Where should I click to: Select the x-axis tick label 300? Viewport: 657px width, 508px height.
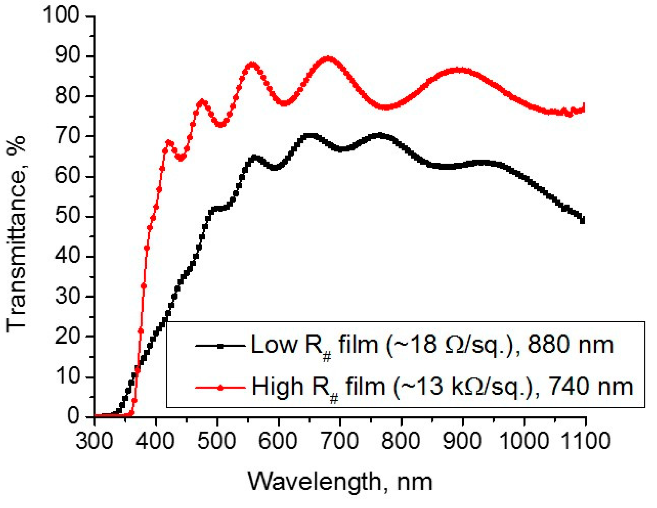95,441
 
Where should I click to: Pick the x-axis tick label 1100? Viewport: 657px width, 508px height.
585,441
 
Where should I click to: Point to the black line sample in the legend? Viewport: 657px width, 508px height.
220,346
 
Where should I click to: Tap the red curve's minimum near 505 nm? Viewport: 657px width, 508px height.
221,124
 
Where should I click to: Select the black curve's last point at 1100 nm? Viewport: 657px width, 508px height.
582,221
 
